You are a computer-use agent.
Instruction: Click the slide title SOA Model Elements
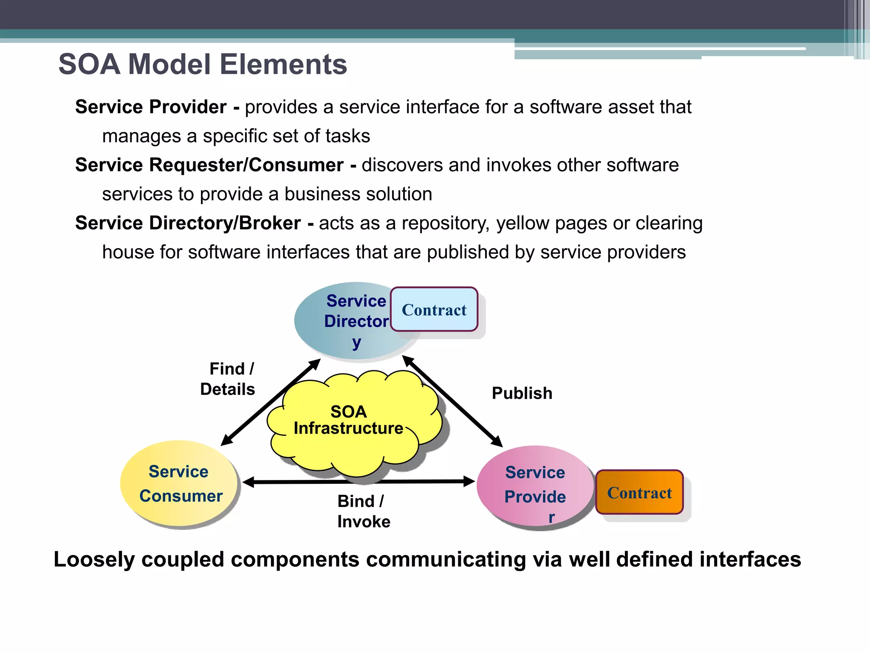click(203, 65)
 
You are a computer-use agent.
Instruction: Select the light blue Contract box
click(434, 309)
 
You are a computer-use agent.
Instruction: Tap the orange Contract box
click(639, 492)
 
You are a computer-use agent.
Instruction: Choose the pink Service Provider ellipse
click(534, 487)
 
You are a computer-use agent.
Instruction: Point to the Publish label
click(522, 393)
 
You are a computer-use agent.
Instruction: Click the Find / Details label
click(228, 379)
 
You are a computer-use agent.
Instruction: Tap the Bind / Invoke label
click(363, 511)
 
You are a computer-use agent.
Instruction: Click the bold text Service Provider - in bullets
click(157, 107)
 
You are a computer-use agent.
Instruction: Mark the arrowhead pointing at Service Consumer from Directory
click(226, 440)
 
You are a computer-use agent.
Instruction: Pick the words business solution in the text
click(358, 194)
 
